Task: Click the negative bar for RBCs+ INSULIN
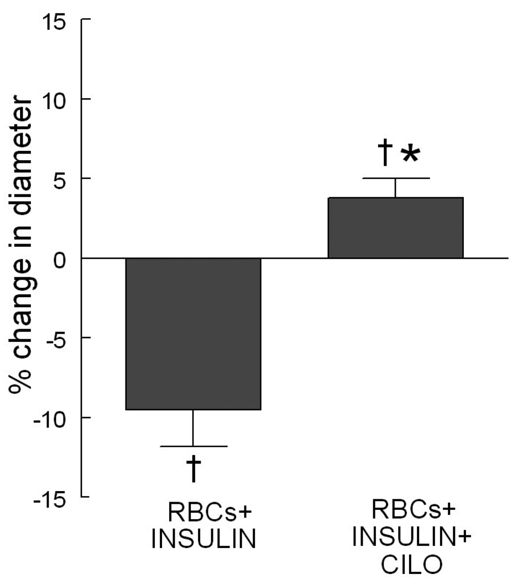tap(193, 334)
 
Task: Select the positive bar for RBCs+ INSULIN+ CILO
tap(395, 228)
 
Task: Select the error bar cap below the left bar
tap(193, 446)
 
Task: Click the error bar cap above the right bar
tap(395, 178)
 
